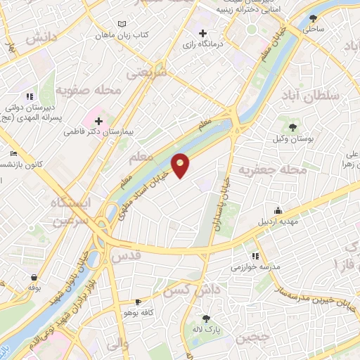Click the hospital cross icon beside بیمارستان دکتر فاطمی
click(x=98, y=122)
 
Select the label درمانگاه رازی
click(x=203, y=44)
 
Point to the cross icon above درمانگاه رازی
click(x=203, y=33)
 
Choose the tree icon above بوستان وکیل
click(x=292, y=127)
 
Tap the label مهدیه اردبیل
click(x=278, y=222)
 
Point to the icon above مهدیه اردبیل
click(x=278, y=211)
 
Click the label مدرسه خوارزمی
click(x=255, y=268)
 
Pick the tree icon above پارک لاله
click(x=205, y=319)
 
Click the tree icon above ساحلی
click(x=311, y=20)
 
